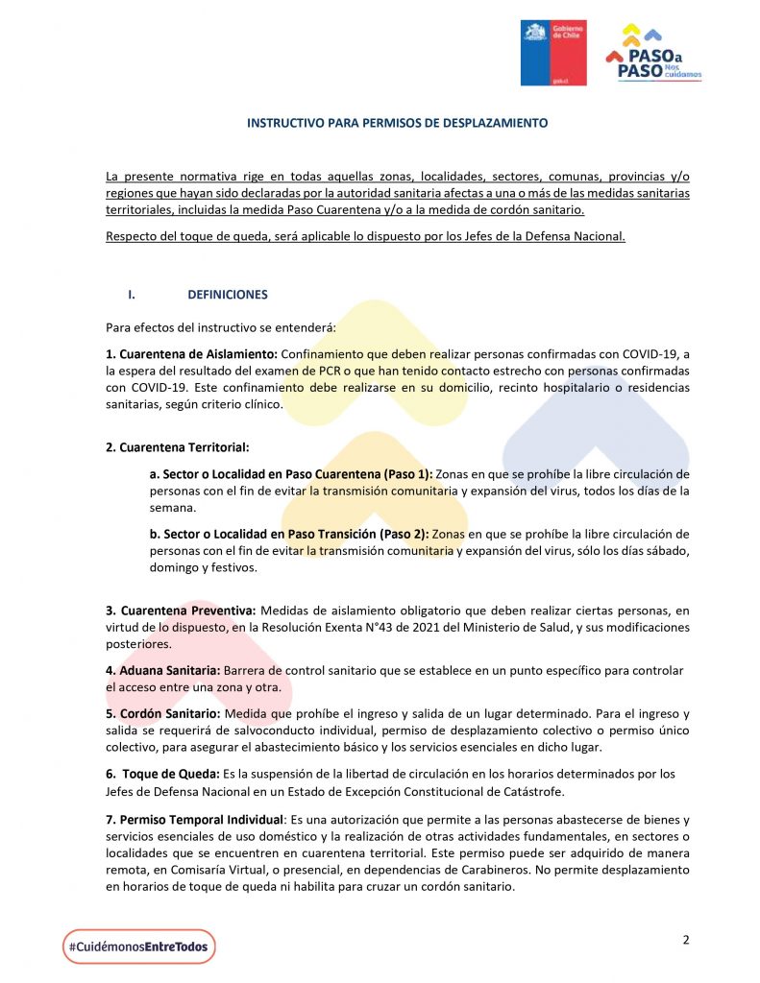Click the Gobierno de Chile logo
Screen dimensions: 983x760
pos(553,53)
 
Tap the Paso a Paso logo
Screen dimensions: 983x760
pos(654,54)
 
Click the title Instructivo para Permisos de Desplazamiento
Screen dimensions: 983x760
pos(397,124)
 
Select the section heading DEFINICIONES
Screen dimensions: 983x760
pos(228,295)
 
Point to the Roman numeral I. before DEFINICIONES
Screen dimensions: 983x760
pos(146,295)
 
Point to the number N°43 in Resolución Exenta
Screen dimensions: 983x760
pos(443,627)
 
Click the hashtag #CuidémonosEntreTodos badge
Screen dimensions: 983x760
pos(139,947)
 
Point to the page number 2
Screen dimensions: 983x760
pos(686,940)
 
